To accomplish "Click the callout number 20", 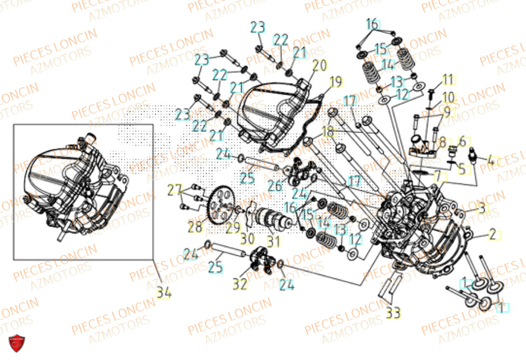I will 319,66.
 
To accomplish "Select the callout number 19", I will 336,82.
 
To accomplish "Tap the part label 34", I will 164,292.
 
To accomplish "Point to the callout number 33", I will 392,313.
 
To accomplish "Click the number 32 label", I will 240,284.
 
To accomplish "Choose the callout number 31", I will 273,242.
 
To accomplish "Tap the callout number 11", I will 447,80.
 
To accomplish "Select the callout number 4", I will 490,160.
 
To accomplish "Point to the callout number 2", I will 492,234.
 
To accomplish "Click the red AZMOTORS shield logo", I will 18,344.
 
